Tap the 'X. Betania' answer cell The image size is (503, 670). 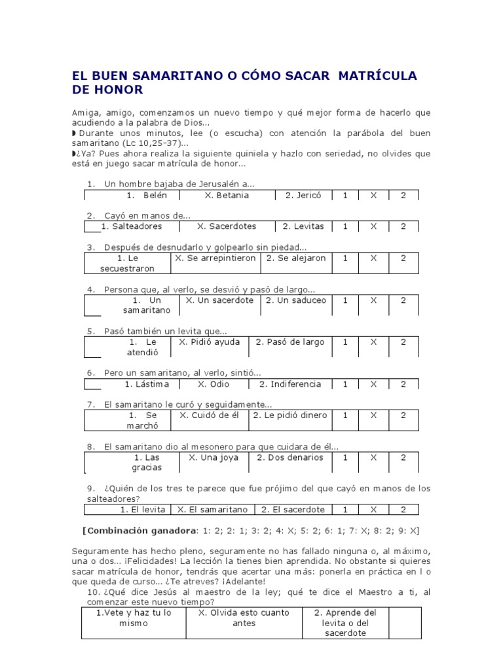pyautogui.click(x=227, y=195)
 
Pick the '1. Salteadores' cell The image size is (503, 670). pyautogui.click(x=132, y=226)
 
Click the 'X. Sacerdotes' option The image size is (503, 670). pyautogui.click(x=227, y=226)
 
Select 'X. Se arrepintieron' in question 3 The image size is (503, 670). pyautogui.click(x=215, y=258)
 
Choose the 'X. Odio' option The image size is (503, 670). pyautogui.click(x=212, y=384)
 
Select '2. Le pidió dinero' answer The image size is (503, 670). pyautogui.click(x=289, y=415)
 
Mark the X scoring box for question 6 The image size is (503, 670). pyautogui.click(x=373, y=384)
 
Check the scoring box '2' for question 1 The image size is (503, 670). pyautogui.click(x=403, y=195)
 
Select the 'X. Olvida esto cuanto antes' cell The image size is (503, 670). pyautogui.click(x=244, y=618)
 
